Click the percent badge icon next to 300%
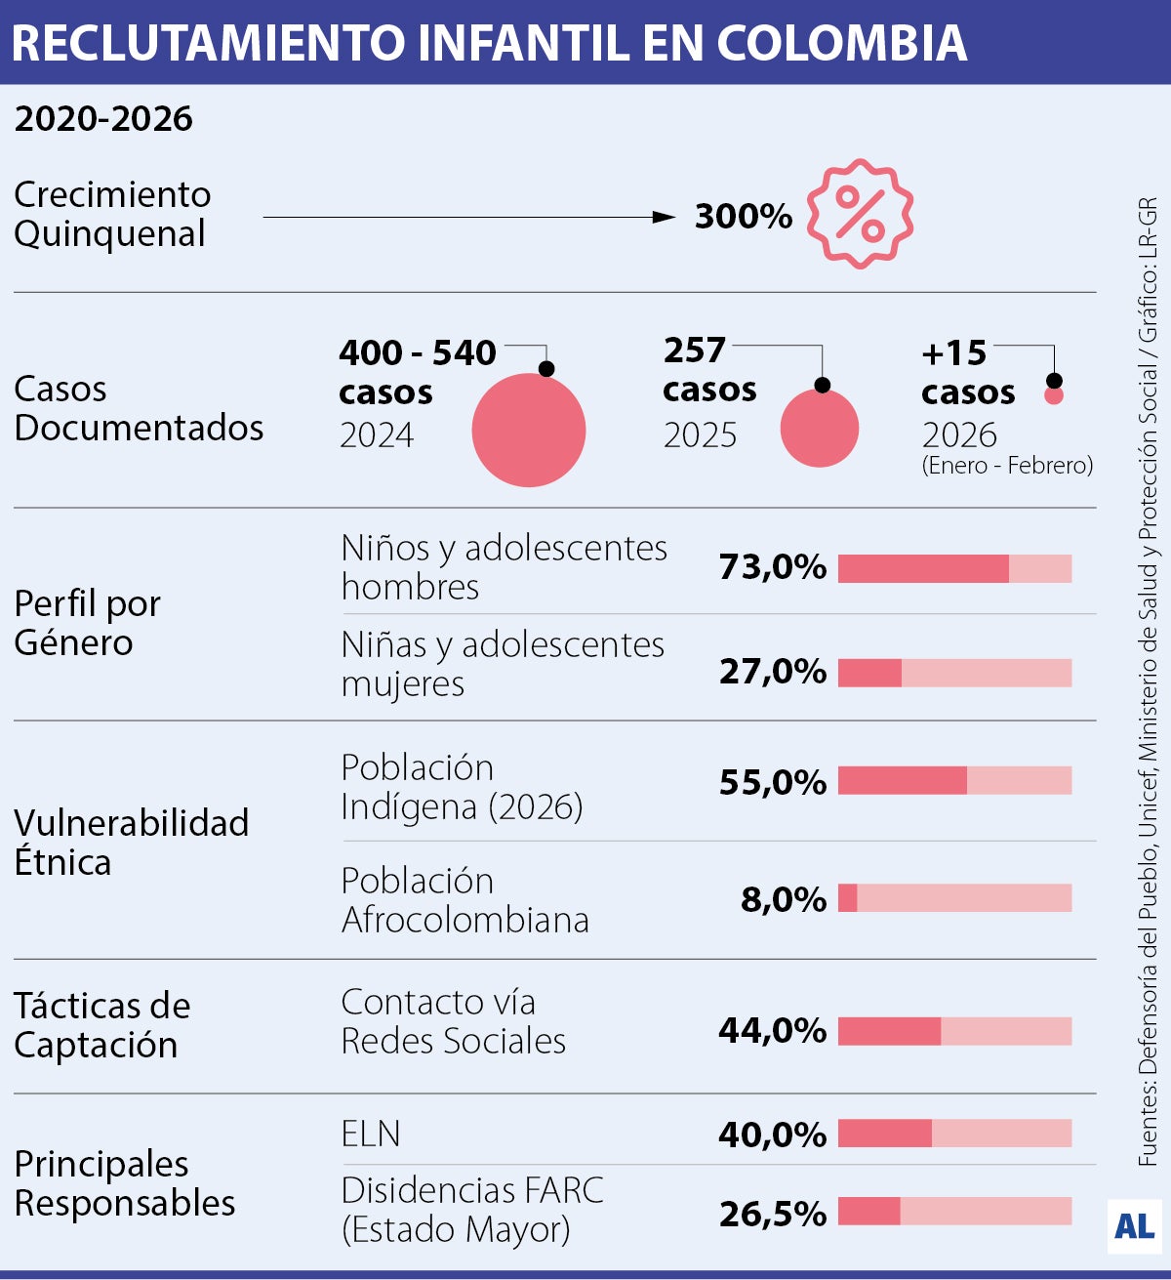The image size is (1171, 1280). point(860,214)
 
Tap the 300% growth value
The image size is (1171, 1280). point(743,216)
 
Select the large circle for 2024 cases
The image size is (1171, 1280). point(528,430)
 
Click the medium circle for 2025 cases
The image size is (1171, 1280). point(820,428)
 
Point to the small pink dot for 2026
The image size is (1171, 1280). point(1054,396)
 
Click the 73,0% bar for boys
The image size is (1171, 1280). point(953,568)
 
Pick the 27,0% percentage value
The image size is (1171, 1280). point(772,672)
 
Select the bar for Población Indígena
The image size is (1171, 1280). point(953,780)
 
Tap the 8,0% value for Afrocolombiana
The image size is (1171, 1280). point(783,899)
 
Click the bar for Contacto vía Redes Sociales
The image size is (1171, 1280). point(953,1031)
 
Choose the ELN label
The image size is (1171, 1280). point(371,1134)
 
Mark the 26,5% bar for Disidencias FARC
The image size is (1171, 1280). point(953,1211)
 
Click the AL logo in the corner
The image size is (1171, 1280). point(1134,1225)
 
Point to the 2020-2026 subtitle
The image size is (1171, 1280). point(103,119)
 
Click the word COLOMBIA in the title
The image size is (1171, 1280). point(841,43)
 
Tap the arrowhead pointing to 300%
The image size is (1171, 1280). point(665,217)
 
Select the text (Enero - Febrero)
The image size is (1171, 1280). point(1007,466)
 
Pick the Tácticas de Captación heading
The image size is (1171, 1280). point(101,1025)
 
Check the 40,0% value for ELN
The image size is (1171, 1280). point(772,1135)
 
